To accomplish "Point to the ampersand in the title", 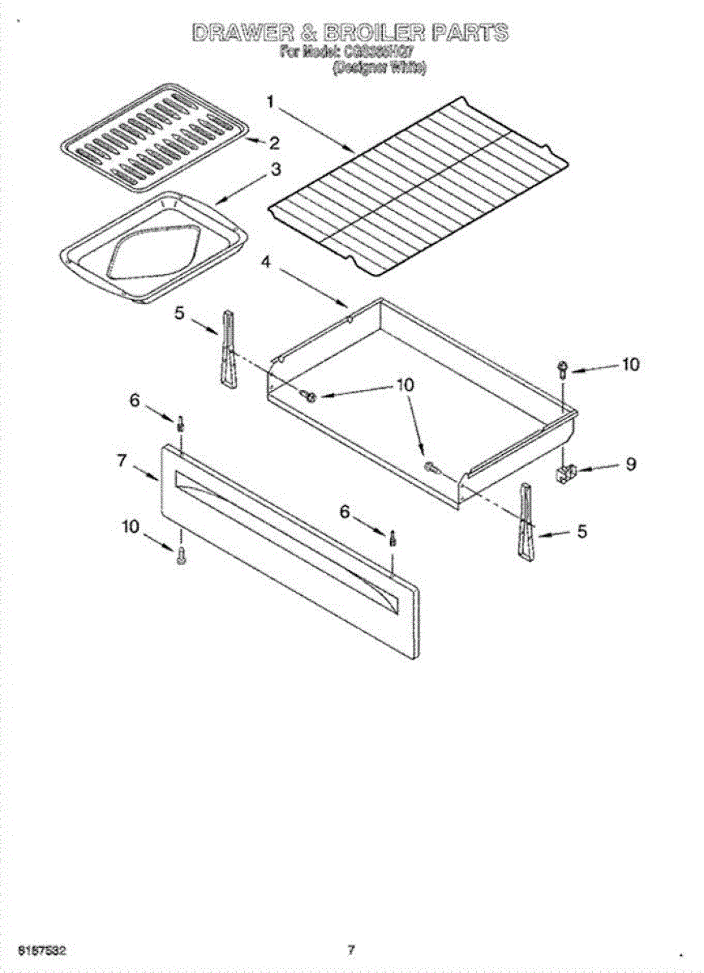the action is coord(311,33).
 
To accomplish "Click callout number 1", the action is coord(273,101).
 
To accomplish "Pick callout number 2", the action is coord(274,144).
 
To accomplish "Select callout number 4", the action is coord(267,261).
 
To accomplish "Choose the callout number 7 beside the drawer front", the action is coord(122,461).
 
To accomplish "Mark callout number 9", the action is coord(630,465).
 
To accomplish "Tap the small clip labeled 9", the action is coord(566,472).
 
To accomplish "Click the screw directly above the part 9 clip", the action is coord(561,370).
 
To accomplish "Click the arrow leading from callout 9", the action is coord(596,468).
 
